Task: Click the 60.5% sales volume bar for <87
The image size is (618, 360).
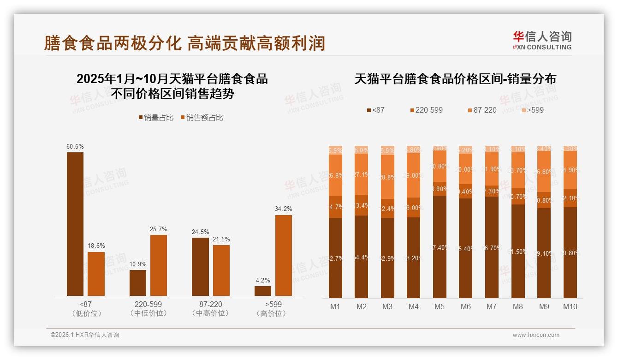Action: [x=75, y=224]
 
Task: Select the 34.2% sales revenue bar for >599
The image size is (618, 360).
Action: [x=284, y=255]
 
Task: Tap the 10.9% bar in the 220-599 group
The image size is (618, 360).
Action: [x=138, y=283]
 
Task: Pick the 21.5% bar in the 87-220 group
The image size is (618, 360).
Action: [x=221, y=270]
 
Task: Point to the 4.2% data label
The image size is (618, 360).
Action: [x=262, y=280]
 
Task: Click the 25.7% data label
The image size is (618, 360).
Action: [x=159, y=229]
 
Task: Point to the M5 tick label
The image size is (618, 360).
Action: [x=439, y=306]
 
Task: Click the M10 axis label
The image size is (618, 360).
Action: [x=570, y=306]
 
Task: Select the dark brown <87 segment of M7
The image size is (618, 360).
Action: [x=492, y=247]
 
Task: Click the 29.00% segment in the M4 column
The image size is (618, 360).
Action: [x=413, y=175]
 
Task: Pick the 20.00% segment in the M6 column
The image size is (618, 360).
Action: [x=466, y=169]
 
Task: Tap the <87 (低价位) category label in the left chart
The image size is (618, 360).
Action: [x=86, y=309]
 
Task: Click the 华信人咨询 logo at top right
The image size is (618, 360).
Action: [x=542, y=40]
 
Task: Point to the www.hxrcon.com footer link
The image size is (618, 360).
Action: [x=536, y=335]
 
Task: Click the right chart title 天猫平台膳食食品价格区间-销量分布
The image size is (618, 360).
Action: [x=455, y=79]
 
